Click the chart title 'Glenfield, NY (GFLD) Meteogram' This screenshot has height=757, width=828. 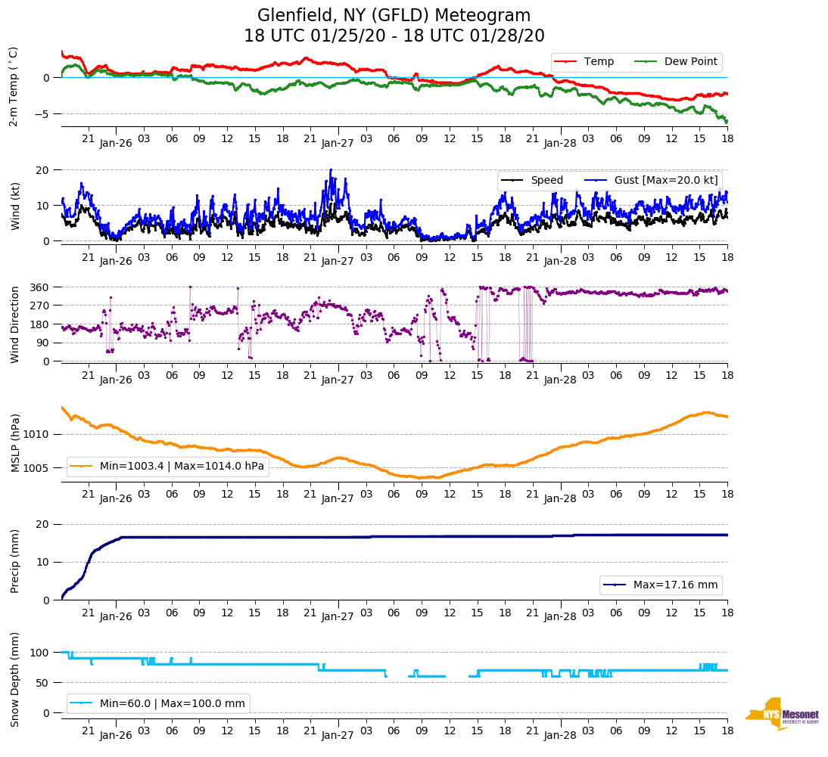(x=394, y=15)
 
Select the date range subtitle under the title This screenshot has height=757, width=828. (x=394, y=36)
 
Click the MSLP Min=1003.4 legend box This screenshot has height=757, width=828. (x=168, y=466)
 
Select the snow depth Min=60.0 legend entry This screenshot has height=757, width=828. (x=158, y=703)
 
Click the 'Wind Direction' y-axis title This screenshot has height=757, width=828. (x=15, y=324)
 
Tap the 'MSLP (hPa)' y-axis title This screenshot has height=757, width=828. (x=15, y=442)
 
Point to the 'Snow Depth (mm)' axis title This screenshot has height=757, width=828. (x=15, y=678)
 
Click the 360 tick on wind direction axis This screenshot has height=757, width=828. (x=40, y=287)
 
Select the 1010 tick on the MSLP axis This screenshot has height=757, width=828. (x=37, y=434)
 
